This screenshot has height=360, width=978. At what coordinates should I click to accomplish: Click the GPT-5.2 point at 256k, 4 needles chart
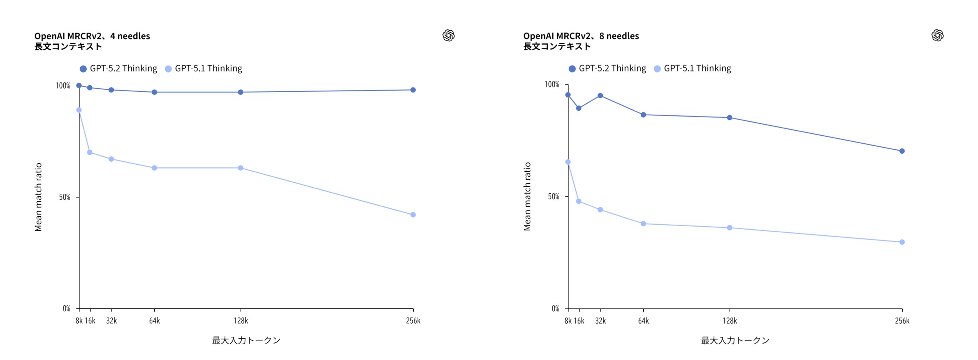tap(413, 90)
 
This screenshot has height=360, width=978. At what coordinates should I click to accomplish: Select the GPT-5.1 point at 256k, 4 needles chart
tap(413, 215)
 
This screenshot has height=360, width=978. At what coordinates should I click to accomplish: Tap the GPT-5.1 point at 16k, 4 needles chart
tap(90, 152)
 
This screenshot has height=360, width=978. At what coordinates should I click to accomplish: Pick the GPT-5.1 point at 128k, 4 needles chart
tap(240, 168)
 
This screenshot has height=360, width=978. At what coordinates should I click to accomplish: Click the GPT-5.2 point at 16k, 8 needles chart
tap(578, 108)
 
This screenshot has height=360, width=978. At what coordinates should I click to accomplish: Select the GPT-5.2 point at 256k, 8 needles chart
tap(902, 151)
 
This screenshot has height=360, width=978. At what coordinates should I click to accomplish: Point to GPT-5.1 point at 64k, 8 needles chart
tap(643, 224)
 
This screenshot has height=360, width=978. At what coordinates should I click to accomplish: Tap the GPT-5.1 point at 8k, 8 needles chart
tap(568, 162)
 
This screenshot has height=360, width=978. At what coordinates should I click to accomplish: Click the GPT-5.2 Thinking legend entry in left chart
tap(118, 68)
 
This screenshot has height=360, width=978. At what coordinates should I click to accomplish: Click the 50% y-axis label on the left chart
tap(65, 197)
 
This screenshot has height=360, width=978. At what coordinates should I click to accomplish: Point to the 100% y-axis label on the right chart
tap(552, 84)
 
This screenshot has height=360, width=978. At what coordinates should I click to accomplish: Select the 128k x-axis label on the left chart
tap(241, 321)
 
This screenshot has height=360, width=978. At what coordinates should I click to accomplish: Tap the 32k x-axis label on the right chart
tap(600, 321)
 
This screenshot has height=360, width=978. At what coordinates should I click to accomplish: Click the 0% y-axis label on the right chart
tap(555, 308)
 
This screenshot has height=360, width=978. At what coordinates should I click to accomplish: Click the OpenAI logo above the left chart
tap(448, 36)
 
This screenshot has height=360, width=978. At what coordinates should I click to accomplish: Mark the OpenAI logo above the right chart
tap(937, 36)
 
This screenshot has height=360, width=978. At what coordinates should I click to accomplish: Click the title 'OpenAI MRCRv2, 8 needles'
tap(581, 36)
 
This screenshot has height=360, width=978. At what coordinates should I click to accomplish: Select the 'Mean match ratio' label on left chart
tap(38, 197)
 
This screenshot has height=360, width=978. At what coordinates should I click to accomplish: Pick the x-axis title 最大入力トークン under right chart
tap(735, 340)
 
